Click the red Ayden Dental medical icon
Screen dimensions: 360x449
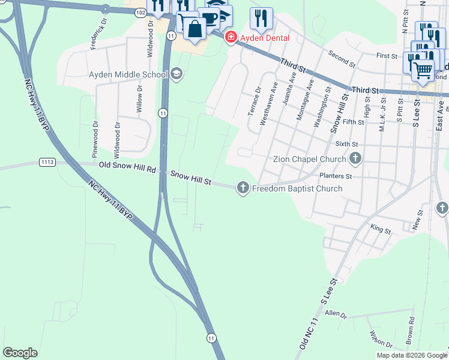[x=231, y=38]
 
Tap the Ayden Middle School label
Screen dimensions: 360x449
[x=127, y=74]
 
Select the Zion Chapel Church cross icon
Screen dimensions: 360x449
[x=355, y=159]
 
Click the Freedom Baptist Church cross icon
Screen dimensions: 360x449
[x=243, y=188]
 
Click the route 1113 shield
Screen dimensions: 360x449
[x=47, y=162]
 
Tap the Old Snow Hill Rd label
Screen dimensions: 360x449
[x=127, y=168]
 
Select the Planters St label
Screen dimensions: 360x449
[x=336, y=176]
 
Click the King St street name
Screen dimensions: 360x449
[x=381, y=229]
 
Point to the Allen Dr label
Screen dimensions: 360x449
[x=336, y=314]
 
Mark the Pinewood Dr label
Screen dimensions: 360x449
[x=95, y=139]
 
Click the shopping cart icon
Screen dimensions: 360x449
[x=423, y=70]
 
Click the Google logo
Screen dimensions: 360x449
[x=20, y=353]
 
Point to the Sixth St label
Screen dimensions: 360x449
[x=346, y=145]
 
